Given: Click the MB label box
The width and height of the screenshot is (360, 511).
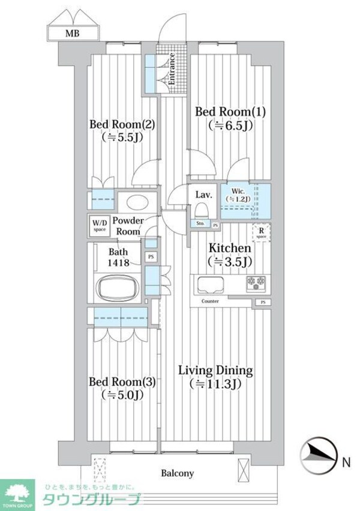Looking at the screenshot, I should pyautogui.click(x=73, y=34).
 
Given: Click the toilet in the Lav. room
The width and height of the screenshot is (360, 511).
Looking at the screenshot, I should pyautogui.click(x=203, y=210).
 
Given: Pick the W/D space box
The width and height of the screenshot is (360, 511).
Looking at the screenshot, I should pyautogui.click(x=99, y=226).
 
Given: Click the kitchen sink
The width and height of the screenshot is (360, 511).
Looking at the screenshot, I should pyautogui.click(x=211, y=283).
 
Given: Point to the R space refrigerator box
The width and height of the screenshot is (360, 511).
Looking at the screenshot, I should pyautogui.click(x=262, y=232).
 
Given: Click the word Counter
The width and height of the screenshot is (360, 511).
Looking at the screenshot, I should pyautogui.click(x=210, y=301).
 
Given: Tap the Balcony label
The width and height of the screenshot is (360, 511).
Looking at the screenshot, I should pyautogui.click(x=177, y=473).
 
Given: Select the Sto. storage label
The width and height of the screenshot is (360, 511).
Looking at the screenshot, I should pyautogui.click(x=200, y=224).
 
